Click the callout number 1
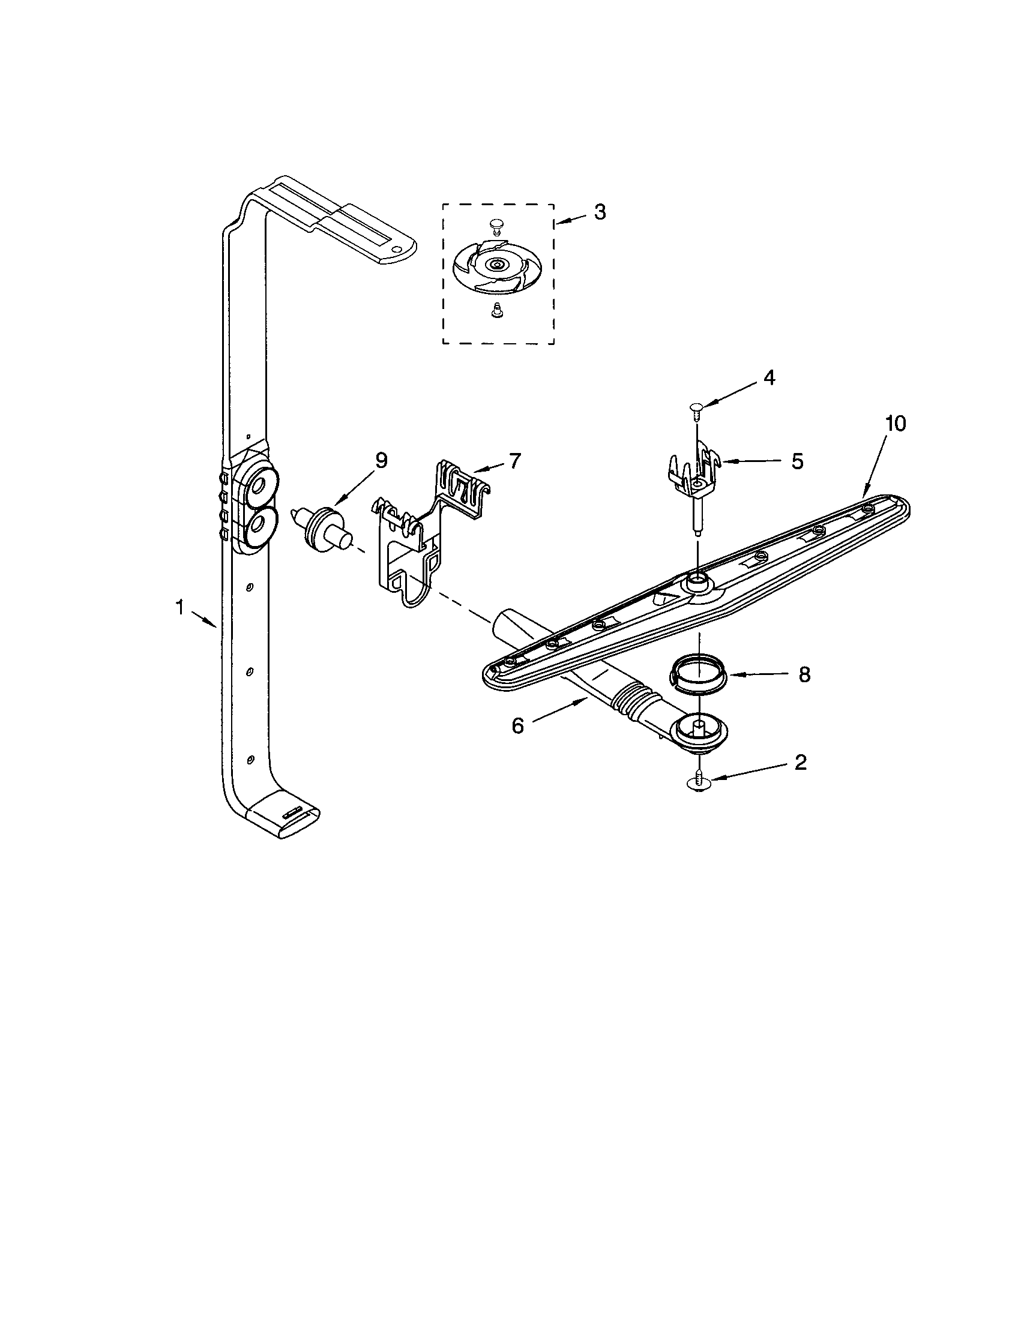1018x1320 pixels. click(x=179, y=607)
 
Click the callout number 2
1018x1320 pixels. click(x=800, y=763)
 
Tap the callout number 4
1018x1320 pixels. click(x=769, y=377)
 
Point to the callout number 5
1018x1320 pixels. click(x=797, y=462)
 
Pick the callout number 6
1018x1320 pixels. click(x=517, y=726)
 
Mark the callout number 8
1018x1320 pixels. click(x=804, y=675)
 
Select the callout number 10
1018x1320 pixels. click(x=896, y=424)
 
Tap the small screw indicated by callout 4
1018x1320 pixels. click(x=696, y=410)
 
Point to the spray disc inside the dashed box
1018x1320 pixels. click(x=497, y=264)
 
